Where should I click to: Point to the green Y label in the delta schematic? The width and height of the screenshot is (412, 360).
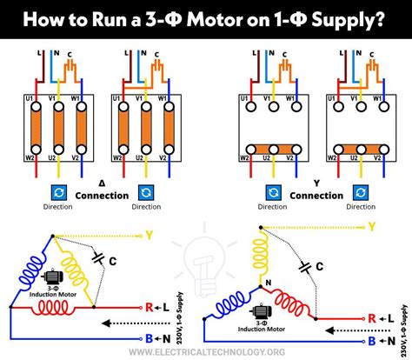(150, 235)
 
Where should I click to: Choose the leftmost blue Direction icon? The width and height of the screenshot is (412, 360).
(51, 192)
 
